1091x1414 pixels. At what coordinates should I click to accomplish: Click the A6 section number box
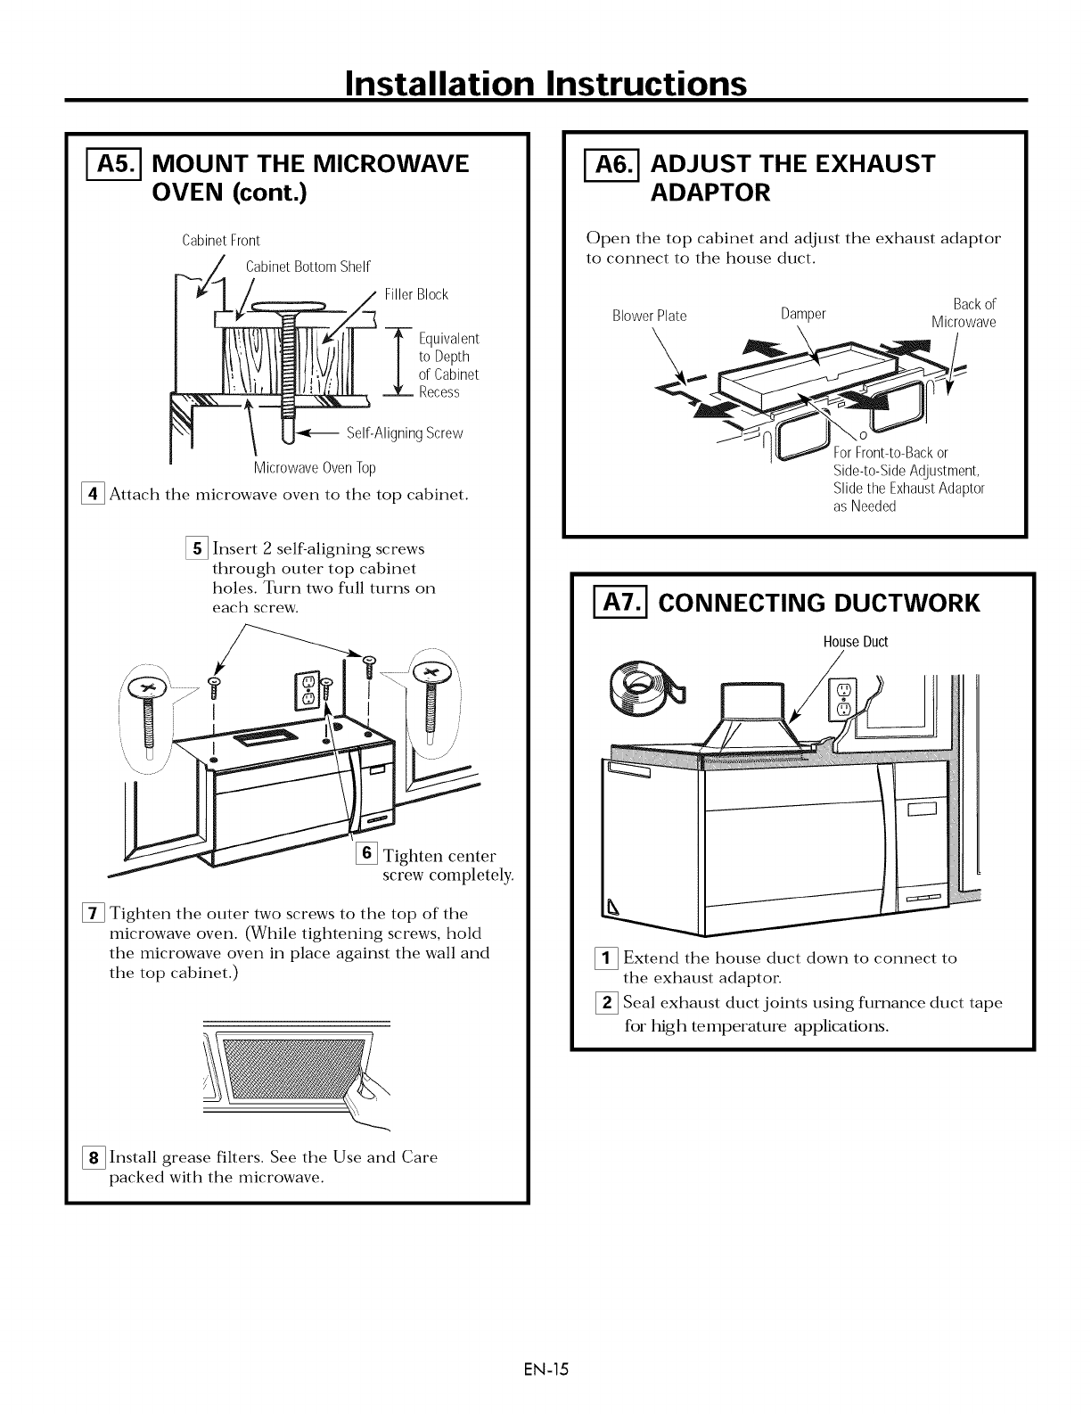pos(607,165)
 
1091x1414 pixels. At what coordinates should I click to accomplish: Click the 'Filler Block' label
pos(416,294)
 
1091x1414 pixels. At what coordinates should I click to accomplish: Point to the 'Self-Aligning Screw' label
pos(405,433)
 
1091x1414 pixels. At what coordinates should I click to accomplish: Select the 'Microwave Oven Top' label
pos(315,468)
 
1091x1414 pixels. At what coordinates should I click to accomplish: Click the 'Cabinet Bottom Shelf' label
pos(308,267)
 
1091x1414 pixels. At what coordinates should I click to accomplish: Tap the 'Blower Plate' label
pos(649,316)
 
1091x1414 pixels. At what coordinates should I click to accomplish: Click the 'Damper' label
pos(803,314)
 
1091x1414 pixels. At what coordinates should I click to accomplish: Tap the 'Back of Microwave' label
pos(964,313)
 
